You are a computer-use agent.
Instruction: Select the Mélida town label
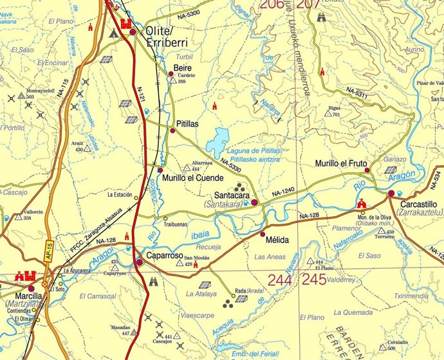coord(277,240)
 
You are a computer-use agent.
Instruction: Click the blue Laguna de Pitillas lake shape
coord(218,138)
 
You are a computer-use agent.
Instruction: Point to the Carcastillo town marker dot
coord(391,193)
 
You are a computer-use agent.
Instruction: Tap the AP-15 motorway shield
coord(48,249)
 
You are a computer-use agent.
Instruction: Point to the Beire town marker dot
coord(171,74)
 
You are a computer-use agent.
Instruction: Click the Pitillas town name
coord(188,123)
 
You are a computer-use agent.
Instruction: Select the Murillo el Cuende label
coord(193,178)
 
